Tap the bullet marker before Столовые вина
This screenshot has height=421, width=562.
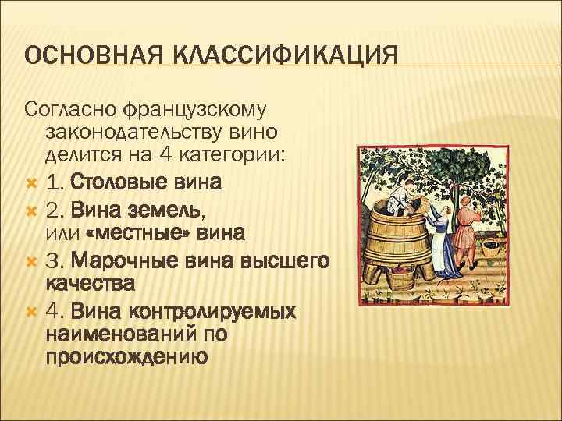32,182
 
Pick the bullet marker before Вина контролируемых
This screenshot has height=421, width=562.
32,310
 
